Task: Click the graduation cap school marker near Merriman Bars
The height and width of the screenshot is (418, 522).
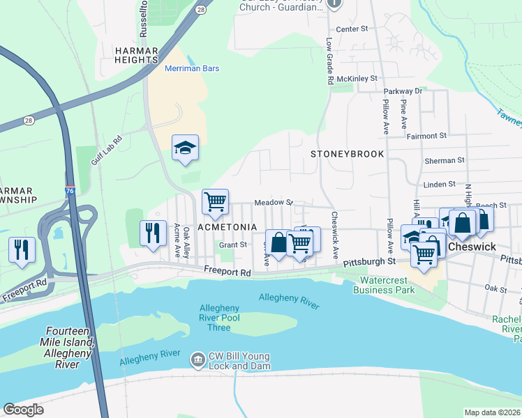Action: point(186,148)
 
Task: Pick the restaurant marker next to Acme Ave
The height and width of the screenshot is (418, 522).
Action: point(154,233)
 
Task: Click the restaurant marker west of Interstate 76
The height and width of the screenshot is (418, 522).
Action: point(22,249)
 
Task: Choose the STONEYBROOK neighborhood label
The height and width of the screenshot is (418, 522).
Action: point(347,153)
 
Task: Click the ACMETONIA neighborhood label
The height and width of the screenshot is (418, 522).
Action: point(228,228)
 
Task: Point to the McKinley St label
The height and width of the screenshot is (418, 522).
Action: point(357,79)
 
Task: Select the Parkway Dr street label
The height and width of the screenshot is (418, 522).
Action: point(403,91)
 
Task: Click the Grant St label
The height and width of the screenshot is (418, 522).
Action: point(233,245)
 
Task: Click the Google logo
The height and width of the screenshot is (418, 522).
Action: point(24,410)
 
